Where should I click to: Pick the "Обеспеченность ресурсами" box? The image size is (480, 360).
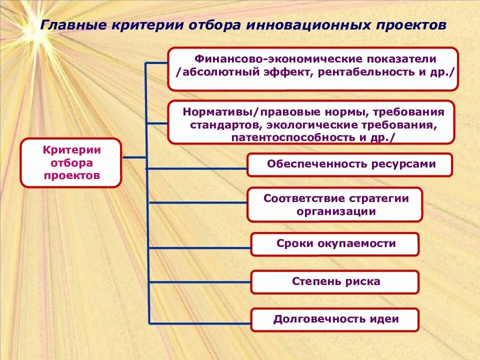tap(350, 164)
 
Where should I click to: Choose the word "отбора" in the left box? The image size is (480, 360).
tap(70, 162)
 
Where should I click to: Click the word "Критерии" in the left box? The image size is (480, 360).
tap(71, 149)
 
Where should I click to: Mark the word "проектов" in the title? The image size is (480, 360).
tap(409, 25)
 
